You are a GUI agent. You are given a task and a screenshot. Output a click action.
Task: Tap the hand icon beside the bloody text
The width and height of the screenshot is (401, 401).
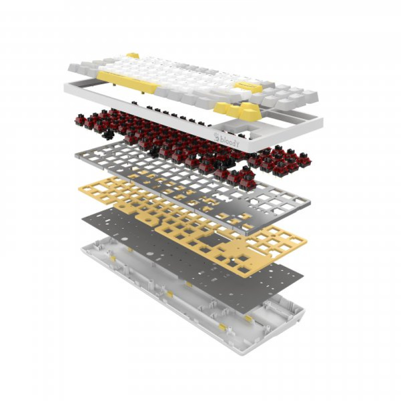[x=217, y=137]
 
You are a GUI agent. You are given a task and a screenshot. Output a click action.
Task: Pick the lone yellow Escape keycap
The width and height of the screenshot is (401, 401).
[x=133, y=55]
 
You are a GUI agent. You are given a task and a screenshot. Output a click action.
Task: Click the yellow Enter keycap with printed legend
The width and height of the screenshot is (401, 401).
[x=248, y=87]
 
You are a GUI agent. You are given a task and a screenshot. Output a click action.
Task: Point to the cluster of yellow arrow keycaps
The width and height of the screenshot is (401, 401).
[x=238, y=110]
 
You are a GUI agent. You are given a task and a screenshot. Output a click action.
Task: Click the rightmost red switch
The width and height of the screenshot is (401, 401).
[x=304, y=159]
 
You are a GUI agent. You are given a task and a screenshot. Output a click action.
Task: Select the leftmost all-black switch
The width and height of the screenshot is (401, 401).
[x=108, y=134]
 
